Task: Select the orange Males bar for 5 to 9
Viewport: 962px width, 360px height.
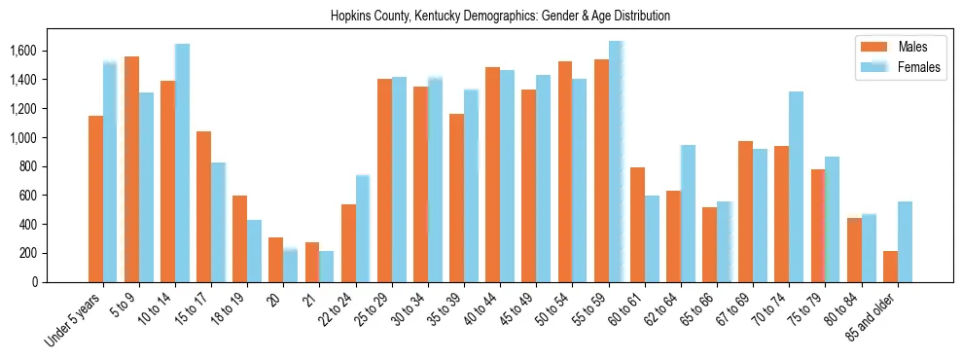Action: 131,169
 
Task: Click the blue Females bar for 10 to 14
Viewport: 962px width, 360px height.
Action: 182,163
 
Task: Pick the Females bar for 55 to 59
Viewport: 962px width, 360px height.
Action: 616,162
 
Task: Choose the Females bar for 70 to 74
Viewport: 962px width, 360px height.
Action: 797,187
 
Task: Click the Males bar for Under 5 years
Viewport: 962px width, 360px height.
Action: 95,199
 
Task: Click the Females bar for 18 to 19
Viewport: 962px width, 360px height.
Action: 254,251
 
